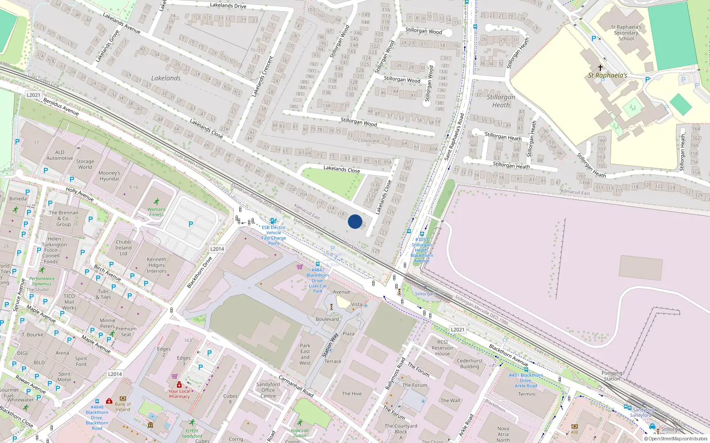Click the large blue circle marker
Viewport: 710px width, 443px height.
click(355, 221)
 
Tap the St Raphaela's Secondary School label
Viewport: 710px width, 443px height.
click(626, 33)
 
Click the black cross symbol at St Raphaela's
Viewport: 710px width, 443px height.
click(600, 68)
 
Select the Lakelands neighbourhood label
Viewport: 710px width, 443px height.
click(166, 78)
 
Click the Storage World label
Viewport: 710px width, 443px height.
click(85, 164)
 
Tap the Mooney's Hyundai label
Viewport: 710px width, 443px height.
click(109, 176)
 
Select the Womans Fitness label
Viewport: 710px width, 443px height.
click(156, 212)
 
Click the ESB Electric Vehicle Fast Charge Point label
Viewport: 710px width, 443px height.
click(273, 235)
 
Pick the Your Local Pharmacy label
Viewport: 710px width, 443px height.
click(179, 394)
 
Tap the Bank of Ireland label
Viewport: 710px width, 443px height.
click(123, 407)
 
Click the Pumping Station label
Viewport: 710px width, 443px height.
click(612, 376)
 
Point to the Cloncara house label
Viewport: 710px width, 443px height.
click(368, 141)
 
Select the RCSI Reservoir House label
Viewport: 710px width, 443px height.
click(442, 348)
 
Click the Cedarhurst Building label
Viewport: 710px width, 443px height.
click(469, 363)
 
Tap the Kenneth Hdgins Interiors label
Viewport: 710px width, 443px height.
click(157, 265)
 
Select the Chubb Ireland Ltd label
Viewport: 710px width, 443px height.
click(123, 248)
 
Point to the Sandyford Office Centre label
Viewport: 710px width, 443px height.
click(268, 390)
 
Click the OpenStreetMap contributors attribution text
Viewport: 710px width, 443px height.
click(678, 439)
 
